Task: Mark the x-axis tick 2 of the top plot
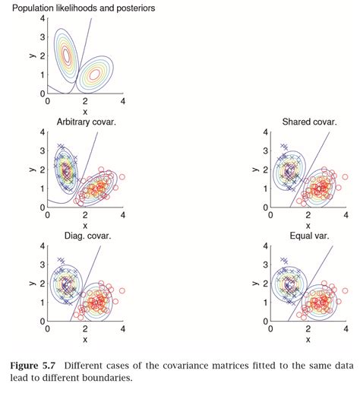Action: (x=86, y=101)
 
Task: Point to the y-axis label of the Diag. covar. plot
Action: (x=31, y=283)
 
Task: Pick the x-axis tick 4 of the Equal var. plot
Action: (x=346, y=328)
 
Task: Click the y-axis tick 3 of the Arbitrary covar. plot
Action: (x=43, y=151)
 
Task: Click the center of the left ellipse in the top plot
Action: (x=67, y=55)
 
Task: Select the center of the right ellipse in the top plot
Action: (x=94, y=74)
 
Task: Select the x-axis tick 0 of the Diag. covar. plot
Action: (x=49, y=328)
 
